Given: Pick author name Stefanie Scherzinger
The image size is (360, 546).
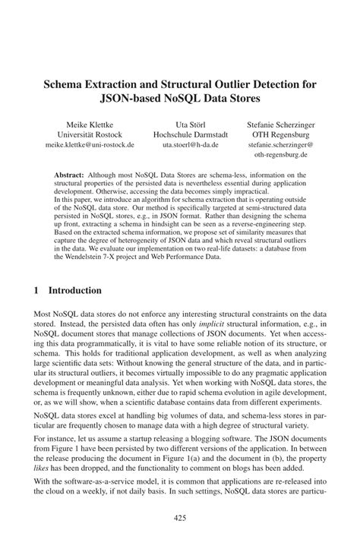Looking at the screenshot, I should pyautogui.click(x=281, y=123).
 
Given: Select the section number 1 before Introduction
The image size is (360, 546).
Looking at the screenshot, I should pyautogui.click(x=37, y=290).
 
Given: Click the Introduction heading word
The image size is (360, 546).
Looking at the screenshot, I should pyautogui.click(x=74, y=290).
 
